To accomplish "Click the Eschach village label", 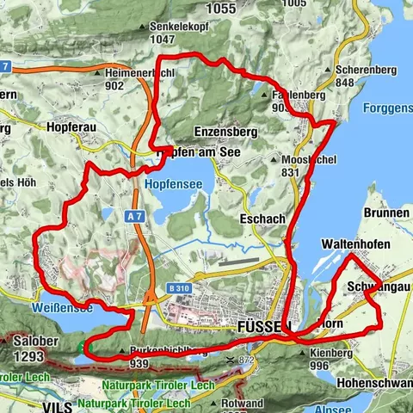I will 263,219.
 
